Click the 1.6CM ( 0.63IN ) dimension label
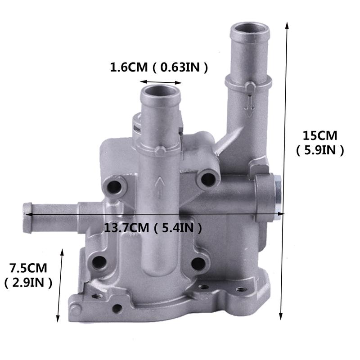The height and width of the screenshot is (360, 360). coord(159,68)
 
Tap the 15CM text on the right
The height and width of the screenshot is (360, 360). coord(320,135)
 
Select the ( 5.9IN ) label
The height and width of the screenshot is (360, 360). coord(320,150)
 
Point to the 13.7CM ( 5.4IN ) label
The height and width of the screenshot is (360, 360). coord(153,228)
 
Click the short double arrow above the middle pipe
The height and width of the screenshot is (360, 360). coord(161,83)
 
